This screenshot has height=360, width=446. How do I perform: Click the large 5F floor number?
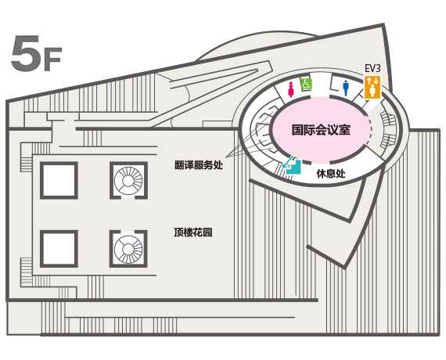pos(36,53)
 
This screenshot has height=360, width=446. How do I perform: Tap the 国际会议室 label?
pos(321,130)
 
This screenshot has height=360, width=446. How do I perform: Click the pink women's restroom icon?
pos(291,89)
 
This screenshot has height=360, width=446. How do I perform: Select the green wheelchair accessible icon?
pos(307,84)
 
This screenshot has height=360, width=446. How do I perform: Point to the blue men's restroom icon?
pos(346,88)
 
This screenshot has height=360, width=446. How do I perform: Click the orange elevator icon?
pos(372,88)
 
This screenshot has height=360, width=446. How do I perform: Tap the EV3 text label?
pos(372,69)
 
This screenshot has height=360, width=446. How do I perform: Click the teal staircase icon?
pos(294,167)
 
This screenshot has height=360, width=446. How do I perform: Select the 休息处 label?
pos(331,173)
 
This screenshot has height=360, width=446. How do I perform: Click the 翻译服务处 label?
pos(199,165)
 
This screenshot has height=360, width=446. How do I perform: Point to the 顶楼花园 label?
pos(193,232)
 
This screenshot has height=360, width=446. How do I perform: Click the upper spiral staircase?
pos(128,181)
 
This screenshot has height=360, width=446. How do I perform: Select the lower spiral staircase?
pos(128,249)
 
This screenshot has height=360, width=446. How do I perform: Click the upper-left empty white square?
pos(59,181)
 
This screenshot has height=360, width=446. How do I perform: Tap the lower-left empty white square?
pos(59,249)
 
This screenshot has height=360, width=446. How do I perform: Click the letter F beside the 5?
pos(52,60)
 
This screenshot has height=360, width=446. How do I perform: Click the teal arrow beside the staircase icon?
pos(288,161)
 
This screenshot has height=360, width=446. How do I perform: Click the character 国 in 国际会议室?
pos(297,130)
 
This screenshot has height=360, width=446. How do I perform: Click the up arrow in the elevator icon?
pos(369,81)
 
